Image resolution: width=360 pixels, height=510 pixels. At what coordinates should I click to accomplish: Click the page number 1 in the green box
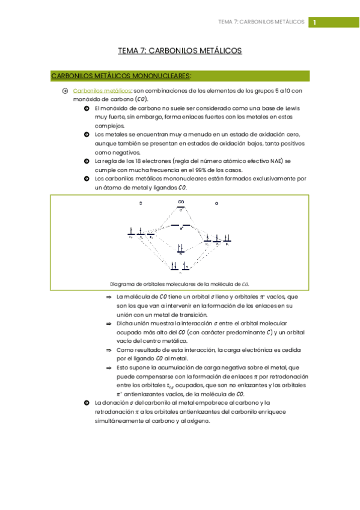click(314, 22)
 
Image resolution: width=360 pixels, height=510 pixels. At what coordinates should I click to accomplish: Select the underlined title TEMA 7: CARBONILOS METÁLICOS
click(180, 51)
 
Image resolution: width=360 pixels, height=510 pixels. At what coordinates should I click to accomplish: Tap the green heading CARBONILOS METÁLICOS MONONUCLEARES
click(121, 76)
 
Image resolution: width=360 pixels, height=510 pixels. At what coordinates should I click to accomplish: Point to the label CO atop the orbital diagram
click(181, 202)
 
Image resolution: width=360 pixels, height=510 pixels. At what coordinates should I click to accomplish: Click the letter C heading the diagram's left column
click(140, 204)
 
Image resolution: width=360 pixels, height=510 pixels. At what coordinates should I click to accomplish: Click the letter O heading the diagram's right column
click(216, 204)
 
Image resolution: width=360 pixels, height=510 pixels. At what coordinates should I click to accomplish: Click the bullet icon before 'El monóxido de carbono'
click(87, 108)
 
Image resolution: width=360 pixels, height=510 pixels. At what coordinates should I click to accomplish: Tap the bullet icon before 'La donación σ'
click(87, 402)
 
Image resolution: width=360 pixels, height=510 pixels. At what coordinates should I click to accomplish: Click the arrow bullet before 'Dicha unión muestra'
click(109, 323)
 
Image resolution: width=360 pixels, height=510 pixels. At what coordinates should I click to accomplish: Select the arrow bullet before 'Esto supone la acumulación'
click(109, 367)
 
